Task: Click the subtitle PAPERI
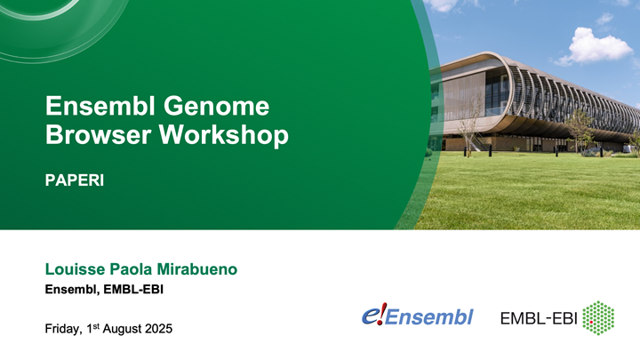pyautogui.click(x=75, y=180)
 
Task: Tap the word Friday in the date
pyautogui.click(x=64, y=330)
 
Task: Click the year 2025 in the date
pyautogui.click(x=156, y=330)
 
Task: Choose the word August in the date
pyautogui.click(x=120, y=330)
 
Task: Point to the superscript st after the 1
pyautogui.click(x=99, y=326)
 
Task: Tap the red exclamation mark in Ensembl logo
pyautogui.click(x=381, y=315)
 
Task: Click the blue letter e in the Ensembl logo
pyautogui.click(x=369, y=316)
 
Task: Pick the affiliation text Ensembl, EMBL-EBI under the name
pyautogui.click(x=104, y=290)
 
